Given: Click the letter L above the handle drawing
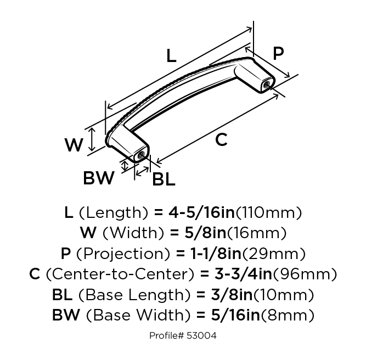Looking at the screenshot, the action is click(171, 56).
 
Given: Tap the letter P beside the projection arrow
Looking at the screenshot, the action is click(278, 53).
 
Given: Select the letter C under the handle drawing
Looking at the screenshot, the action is click(221, 139).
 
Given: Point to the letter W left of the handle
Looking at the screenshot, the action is click(74, 145).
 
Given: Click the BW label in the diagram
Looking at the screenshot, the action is click(99, 178).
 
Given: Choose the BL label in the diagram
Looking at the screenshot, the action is click(164, 179).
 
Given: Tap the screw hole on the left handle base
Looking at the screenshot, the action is click(141, 155).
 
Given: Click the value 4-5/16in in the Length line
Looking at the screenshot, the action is click(201, 212).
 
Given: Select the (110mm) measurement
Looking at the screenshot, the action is click(269, 213).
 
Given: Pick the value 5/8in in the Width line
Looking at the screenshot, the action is click(205, 233).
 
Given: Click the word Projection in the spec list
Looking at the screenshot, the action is click(123, 254).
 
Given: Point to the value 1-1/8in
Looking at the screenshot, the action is click(216, 254).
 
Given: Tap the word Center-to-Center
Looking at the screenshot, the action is click(120, 274).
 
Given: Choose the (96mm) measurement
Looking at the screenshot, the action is click(305, 274).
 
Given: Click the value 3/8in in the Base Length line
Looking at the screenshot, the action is click(232, 295).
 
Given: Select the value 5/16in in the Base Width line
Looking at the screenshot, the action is click(235, 315).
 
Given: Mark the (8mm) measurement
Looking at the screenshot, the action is click(288, 315).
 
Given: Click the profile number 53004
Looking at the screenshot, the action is click(202, 336).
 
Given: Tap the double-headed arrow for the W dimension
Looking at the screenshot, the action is click(92, 139).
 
